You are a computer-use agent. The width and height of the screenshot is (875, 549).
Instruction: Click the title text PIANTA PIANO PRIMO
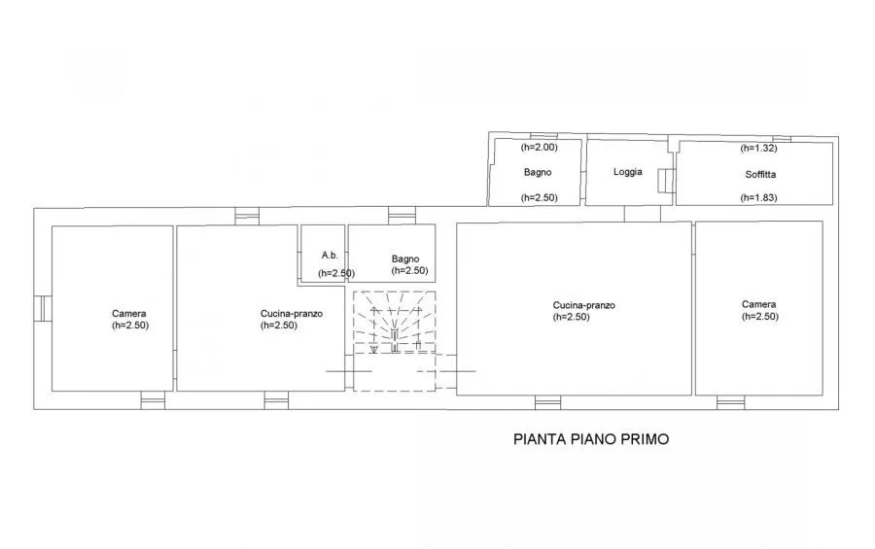pyautogui.click(x=591, y=439)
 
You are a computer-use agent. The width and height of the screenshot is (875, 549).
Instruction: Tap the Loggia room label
pyautogui.click(x=628, y=172)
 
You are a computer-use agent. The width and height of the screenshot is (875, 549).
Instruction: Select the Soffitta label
pyautogui.click(x=760, y=174)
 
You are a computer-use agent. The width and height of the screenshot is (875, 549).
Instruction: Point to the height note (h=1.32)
pyautogui.click(x=758, y=148)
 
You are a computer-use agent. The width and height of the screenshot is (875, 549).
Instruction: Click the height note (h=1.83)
pyautogui.click(x=758, y=197)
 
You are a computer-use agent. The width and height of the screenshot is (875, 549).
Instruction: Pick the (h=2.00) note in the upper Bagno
pyautogui.click(x=539, y=148)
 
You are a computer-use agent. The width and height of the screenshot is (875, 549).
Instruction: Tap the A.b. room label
pyautogui.click(x=330, y=255)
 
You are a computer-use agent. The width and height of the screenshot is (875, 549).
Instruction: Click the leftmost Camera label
pyautogui.click(x=129, y=314)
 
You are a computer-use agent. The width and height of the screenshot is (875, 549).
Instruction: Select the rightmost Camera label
pyautogui.click(x=759, y=304)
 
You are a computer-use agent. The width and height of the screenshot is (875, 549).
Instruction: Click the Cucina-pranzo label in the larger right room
pyautogui.click(x=583, y=305)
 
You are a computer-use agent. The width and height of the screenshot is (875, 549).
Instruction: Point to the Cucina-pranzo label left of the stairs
pyautogui.click(x=292, y=314)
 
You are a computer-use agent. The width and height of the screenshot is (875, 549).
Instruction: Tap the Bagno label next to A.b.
pyautogui.click(x=405, y=258)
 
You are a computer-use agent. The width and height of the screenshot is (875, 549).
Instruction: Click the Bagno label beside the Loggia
pyautogui.click(x=538, y=172)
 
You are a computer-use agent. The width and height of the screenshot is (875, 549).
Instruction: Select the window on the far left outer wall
pyautogui.click(x=43, y=309)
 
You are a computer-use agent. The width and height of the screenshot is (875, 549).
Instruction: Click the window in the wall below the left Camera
pyautogui.click(x=153, y=400)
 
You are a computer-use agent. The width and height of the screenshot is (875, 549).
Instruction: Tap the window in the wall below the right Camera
pyautogui.click(x=730, y=402)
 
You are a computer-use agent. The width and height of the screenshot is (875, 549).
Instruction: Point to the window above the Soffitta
pyautogui.click(x=782, y=139)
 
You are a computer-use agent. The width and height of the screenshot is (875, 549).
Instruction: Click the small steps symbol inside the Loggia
pyautogui.click(x=663, y=181)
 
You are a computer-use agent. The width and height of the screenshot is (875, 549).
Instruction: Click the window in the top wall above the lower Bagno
pyautogui.click(x=402, y=216)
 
